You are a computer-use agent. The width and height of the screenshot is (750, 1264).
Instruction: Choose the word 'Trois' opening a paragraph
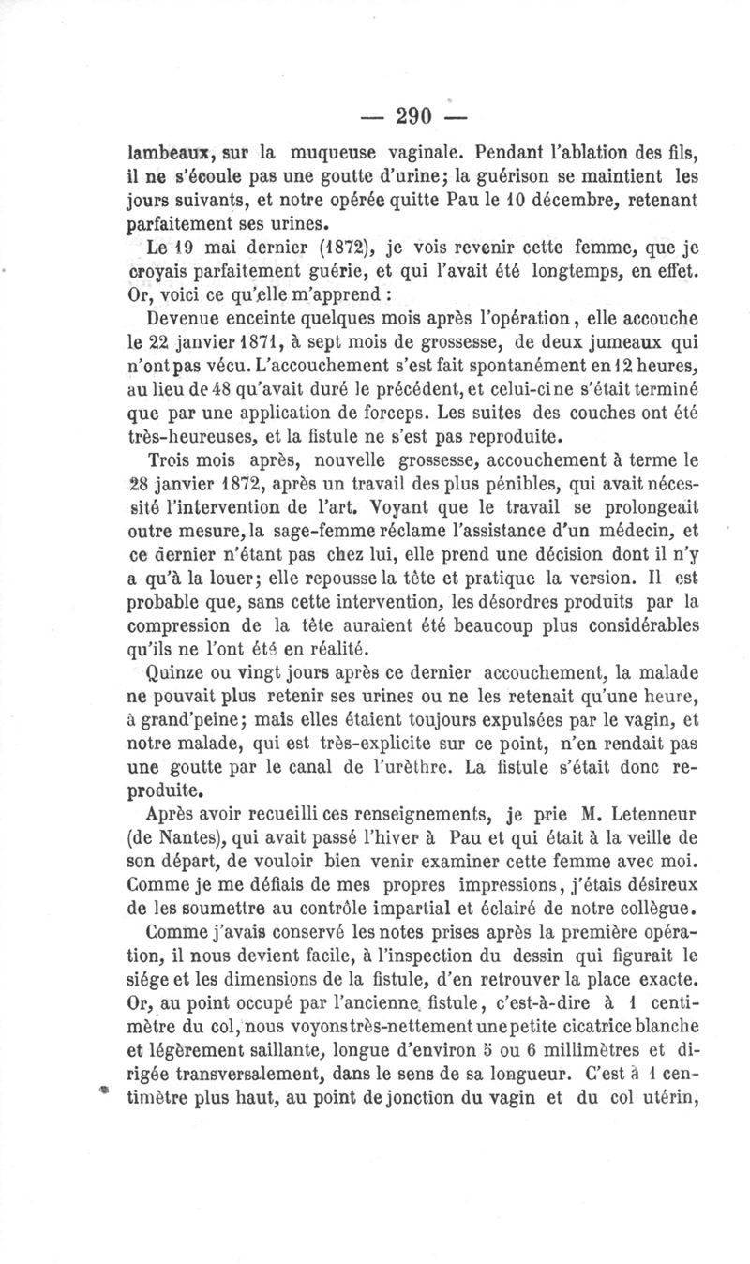coord(175,462)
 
